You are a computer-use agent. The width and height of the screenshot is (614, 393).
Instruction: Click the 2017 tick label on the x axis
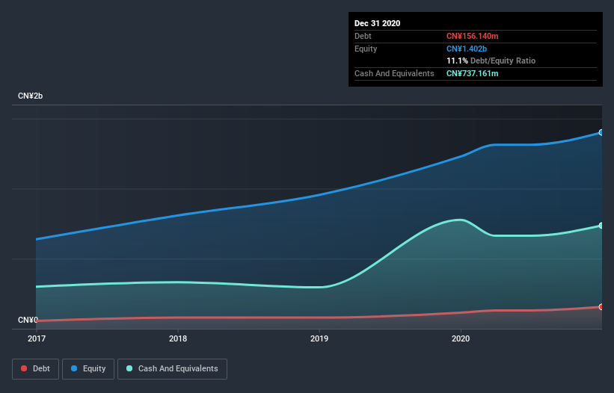[x=37, y=338]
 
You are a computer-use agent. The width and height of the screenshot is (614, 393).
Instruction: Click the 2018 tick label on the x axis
[x=178, y=338]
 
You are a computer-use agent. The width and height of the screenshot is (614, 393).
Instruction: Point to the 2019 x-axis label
[x=319, y=338]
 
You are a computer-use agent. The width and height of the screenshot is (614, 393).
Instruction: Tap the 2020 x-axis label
[x=461, y=338]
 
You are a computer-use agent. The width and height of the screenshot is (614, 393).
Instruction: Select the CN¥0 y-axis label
[x=28, y=321]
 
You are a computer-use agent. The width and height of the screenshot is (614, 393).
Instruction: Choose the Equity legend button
[x=88, y=368]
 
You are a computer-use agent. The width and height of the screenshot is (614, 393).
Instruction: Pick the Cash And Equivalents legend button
[x=172, y=368]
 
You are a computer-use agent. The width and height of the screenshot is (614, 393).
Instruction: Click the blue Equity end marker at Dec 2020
[x=601, y=132]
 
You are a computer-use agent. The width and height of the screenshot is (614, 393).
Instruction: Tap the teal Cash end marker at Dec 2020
[x=601, y=226]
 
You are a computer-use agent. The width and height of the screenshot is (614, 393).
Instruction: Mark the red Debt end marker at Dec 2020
[x=601, y=307]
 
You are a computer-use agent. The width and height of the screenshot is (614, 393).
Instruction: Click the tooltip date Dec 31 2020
[x=378, y=23]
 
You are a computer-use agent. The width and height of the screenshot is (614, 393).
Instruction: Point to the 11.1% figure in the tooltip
[x=457, y=61]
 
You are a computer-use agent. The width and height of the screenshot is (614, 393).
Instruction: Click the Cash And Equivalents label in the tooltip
[x=394, y=73]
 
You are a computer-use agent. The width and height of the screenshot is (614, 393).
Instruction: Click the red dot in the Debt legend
[x=25, y=368]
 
